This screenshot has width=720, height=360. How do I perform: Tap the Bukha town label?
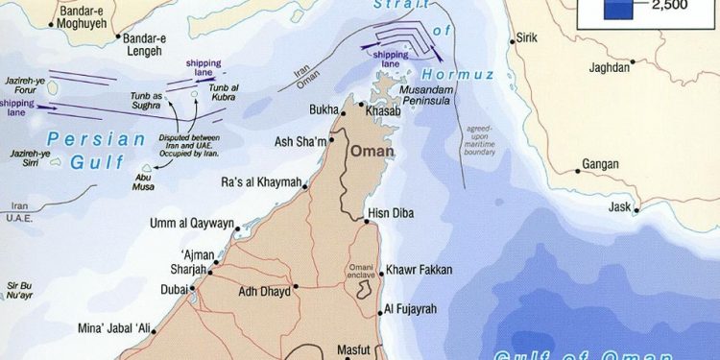324,111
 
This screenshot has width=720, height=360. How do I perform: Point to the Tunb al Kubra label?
218,92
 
